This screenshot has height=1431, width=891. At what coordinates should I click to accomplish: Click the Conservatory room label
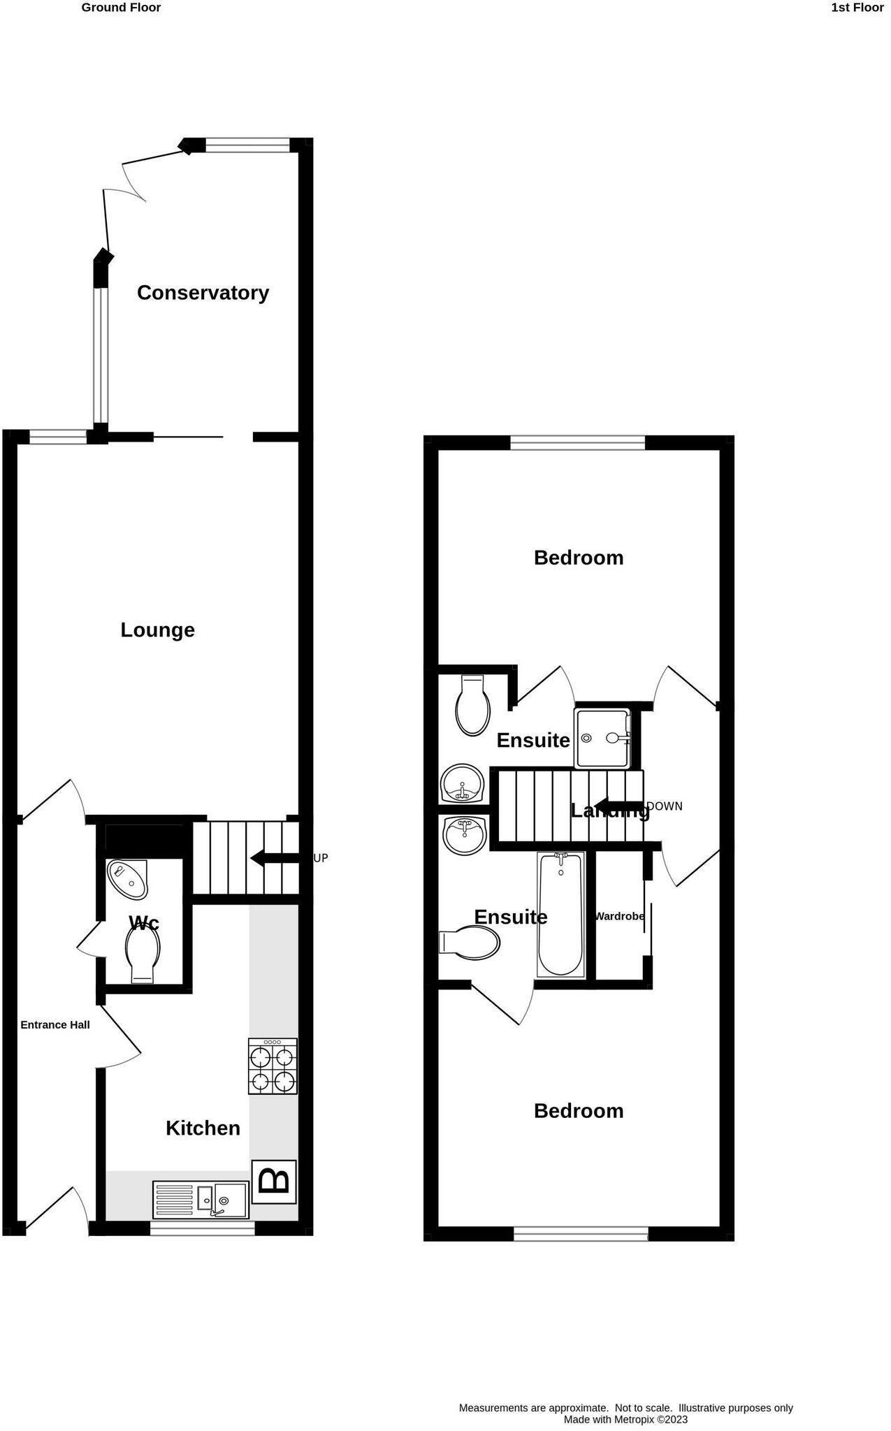coord(203,293)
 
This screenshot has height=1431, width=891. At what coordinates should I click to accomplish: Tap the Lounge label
coord(157,630)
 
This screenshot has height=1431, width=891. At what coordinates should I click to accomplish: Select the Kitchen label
coord(203,1128)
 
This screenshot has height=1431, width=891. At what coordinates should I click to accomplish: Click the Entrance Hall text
coord(55,1025)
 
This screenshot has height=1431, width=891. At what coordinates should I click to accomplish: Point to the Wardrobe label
coord(619,916)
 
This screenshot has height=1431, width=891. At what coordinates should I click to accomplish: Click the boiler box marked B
coord(274,1182)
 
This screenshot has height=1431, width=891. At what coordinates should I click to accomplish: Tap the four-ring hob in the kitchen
coord(273,1067)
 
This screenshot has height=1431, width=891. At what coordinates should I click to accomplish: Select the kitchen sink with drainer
coord(201,1199)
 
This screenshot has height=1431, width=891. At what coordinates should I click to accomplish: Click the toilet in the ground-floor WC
coord(143,954)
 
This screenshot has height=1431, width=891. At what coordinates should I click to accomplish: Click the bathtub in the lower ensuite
coord(560,914)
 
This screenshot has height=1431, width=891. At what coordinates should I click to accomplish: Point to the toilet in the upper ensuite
coord(472,705)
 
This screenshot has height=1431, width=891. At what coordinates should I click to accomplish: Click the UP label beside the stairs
coord(320,858)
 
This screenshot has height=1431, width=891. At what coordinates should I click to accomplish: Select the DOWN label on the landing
coord(665,806)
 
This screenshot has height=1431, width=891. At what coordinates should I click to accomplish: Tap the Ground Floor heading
coord(121,8)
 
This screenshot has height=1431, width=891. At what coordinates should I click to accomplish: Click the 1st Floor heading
coord(857,8)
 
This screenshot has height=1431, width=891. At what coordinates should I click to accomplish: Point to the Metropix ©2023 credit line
coord(625,1419)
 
